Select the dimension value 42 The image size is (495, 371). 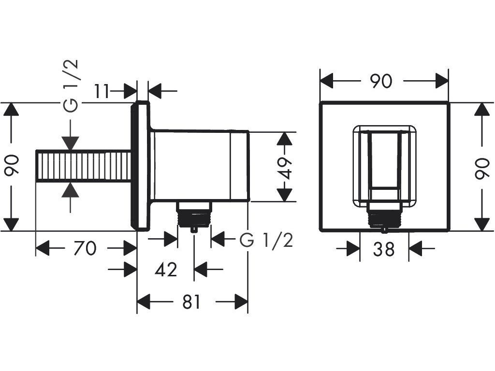tap(165, 270)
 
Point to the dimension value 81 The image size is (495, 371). tap(191, 302)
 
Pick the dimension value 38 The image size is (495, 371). tap(384, 249)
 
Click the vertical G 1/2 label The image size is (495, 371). tap(71, 86)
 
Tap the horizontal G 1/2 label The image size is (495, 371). tap(266, 239)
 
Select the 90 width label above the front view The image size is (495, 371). tap(381, 81)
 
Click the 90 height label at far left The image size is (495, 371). tap(12, 167)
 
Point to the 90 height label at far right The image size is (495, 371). tap(481, 167)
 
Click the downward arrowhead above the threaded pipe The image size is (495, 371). tap(71, 143)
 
